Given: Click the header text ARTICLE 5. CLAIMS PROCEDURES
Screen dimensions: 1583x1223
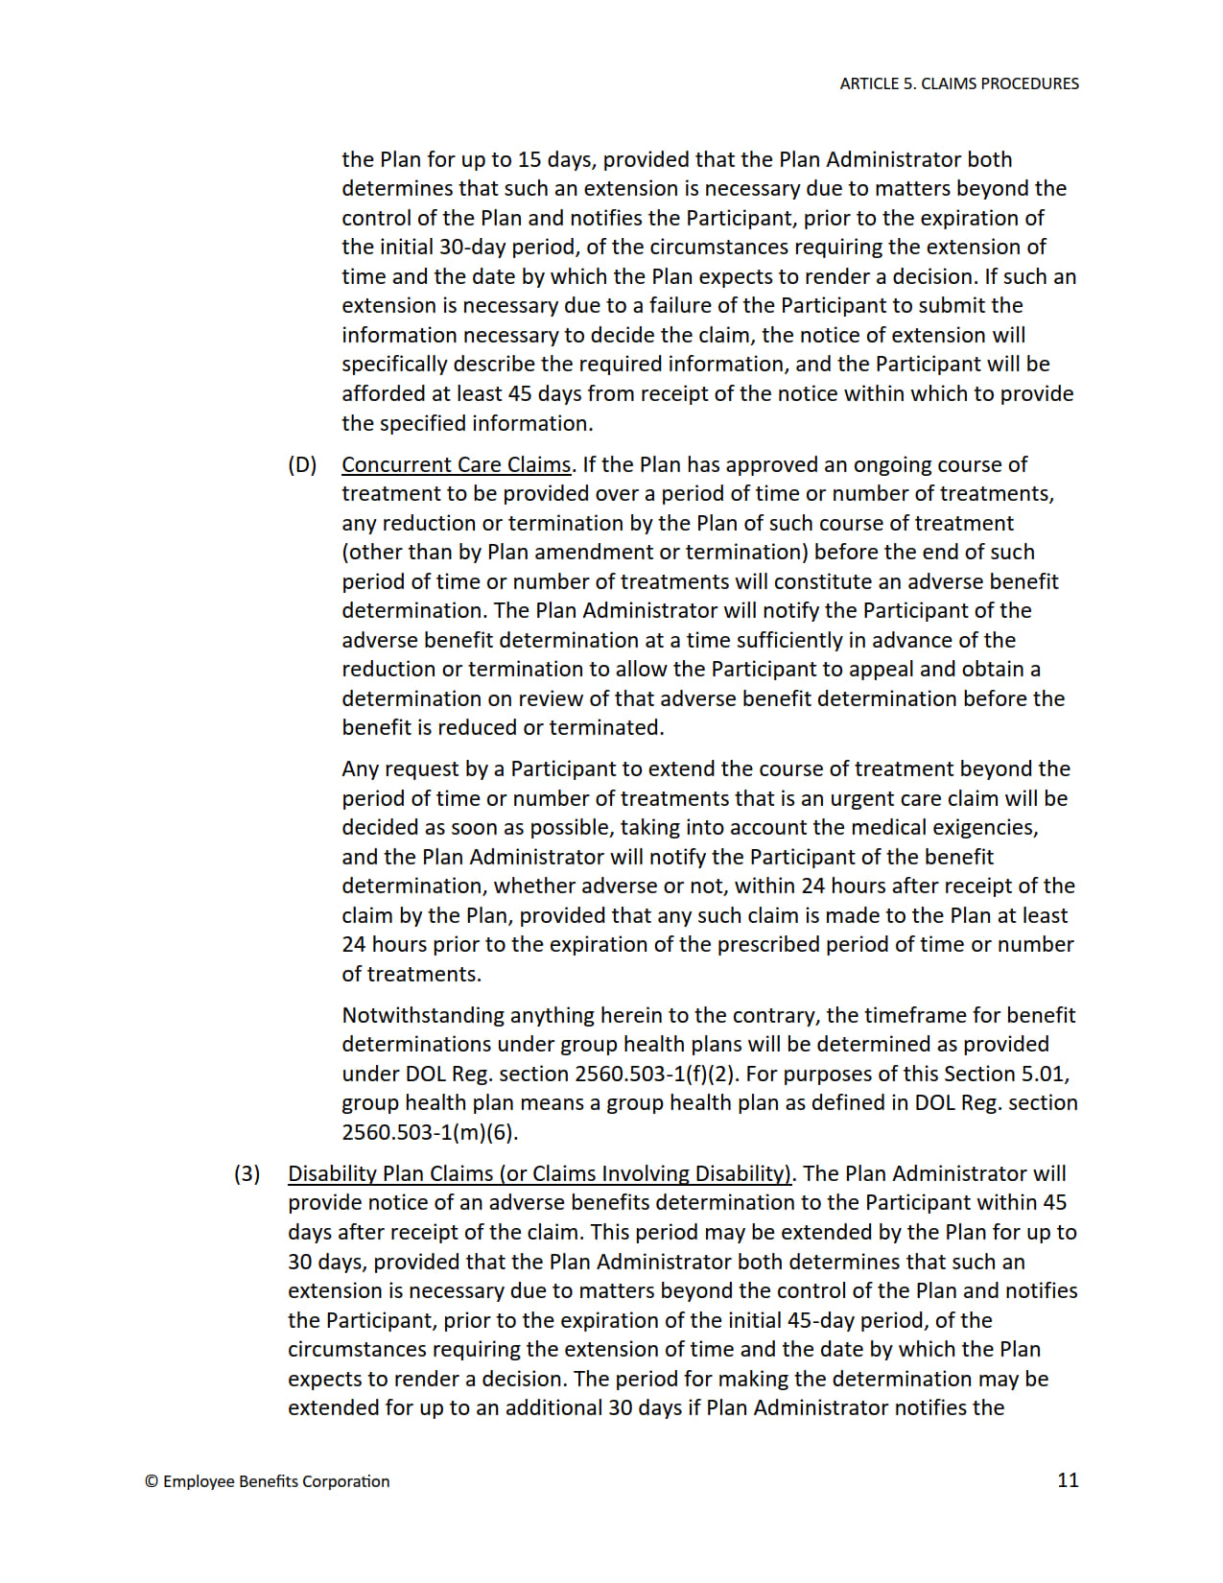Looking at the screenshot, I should click(x=958, y=83).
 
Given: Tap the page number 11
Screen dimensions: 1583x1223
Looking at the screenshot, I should click(x=1068, y=1479).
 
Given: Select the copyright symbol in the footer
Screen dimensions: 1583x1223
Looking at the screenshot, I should click(x=152, y=1481).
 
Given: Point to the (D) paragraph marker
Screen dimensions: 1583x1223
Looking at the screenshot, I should click(x=302, y=464).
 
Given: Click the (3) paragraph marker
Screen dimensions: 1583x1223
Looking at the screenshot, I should click(x=247, y=1173).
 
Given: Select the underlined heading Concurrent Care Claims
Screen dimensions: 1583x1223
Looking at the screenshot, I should click(x=456, y=464).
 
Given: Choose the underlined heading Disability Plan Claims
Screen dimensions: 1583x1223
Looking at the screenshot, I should click(x=540, y=1173).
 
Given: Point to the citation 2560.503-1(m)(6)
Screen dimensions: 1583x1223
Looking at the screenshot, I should click(x=430, y=1132).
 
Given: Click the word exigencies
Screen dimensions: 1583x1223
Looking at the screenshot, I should click(x=988, y=827).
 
